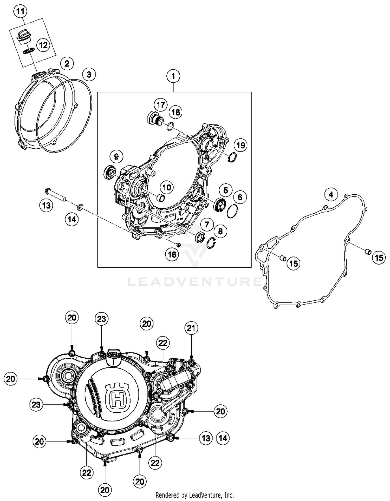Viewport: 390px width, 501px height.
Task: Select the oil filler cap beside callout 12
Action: (24, 36)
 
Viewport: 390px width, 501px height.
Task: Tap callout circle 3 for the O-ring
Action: (89, 75)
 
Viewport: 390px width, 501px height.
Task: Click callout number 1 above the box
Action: (173, 76)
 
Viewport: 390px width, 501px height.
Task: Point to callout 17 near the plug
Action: (161, 105)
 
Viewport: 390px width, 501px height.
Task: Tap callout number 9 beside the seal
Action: (116, 156)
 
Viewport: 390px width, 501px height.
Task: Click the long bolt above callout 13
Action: (56, 195)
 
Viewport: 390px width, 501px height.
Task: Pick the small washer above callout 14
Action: (80, 207)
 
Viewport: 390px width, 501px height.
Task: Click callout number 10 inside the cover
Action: (167, 187)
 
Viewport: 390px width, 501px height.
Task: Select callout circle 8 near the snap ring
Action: (220, 231)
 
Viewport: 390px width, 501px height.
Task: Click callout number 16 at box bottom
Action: (172, 254)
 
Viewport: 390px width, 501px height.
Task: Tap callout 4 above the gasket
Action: (331, 194)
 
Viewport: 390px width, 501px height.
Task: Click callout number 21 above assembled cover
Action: (191, 328)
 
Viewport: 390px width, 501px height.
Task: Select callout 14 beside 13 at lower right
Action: (223, 438)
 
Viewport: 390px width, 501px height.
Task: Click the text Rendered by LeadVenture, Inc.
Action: (194, 495)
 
